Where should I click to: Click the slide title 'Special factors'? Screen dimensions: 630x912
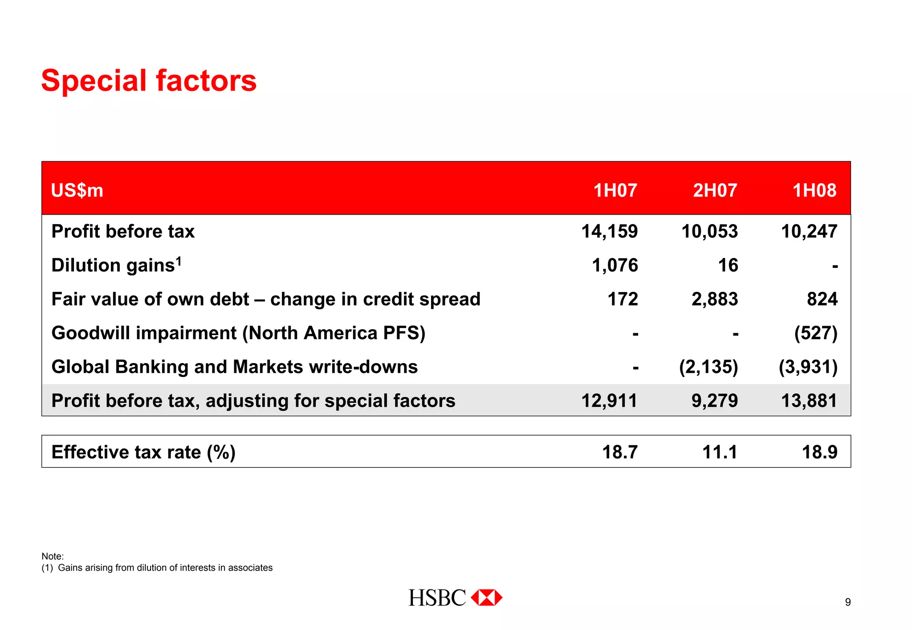tap(149, 81)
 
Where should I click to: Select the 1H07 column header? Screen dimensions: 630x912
tap(615, 190)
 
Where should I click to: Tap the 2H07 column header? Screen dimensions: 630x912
tap(715, 190)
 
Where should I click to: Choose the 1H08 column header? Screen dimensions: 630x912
tap(814, 190)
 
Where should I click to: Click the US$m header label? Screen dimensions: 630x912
tap(77, 191)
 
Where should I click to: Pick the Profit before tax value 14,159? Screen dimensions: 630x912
tap(609, 232)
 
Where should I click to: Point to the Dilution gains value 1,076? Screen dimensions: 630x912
tap(615, 266)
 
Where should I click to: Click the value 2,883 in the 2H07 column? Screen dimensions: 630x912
tap(714, 299)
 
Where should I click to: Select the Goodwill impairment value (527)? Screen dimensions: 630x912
tap(815, 333)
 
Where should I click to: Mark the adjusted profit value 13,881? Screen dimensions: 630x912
tap(809, 401)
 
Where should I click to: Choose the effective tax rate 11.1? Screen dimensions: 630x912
tap(720, 452)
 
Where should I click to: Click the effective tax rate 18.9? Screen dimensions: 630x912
tap(819, 452)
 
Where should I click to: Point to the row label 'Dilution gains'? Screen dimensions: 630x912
tap(113, 266)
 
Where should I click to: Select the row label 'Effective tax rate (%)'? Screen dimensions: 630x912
tap(143, 452)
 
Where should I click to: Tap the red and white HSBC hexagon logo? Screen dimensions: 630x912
tap(487, 597)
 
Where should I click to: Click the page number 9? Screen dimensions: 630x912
tap(848, 602)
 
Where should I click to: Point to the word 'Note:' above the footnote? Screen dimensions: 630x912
tap(53, 556)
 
